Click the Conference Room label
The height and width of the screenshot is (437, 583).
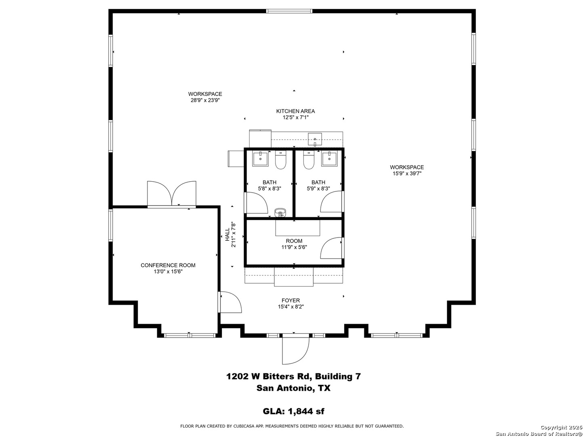(x=168, y=265)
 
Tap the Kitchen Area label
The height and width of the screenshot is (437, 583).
(x=295, y=111)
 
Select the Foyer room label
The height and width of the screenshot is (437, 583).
(x=290, y=300)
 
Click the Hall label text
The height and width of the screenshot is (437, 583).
(x=227, y=234)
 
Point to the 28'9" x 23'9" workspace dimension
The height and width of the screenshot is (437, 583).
(x=205, y=100)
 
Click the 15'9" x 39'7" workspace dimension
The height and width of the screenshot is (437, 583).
(x=407, y=174)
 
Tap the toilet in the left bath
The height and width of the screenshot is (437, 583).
(x=280, y=160)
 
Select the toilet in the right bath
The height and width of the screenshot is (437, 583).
(x=309, y=160)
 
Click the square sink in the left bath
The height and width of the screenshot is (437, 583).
(x=260, y=159)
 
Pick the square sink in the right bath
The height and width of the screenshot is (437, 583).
(x=329, y=159)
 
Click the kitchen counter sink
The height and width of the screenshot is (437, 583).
(x=315, y=139)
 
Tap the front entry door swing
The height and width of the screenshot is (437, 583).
(x=296, y=350)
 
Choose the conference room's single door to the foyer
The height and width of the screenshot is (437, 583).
(x=230, y=302)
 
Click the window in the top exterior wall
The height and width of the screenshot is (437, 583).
(x=289, y=11)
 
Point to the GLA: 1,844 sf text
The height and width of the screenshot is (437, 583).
(x=293, y=411)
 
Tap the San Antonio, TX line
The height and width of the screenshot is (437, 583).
(x=293, y=388)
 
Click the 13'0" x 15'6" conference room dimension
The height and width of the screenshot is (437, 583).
(x=168, y=272)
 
